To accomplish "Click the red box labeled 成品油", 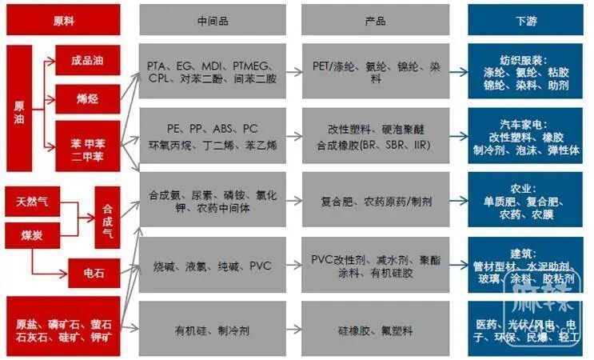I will click(x=88, y=60).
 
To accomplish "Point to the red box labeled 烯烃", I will click(x=88, y=99).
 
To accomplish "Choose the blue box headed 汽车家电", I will click(x=527, y=138).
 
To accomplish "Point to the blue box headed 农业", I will click(x=527, y=202).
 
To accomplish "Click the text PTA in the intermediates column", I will click(x=157, y=64).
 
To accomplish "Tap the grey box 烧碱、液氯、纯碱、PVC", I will click(x=212, y=266).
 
